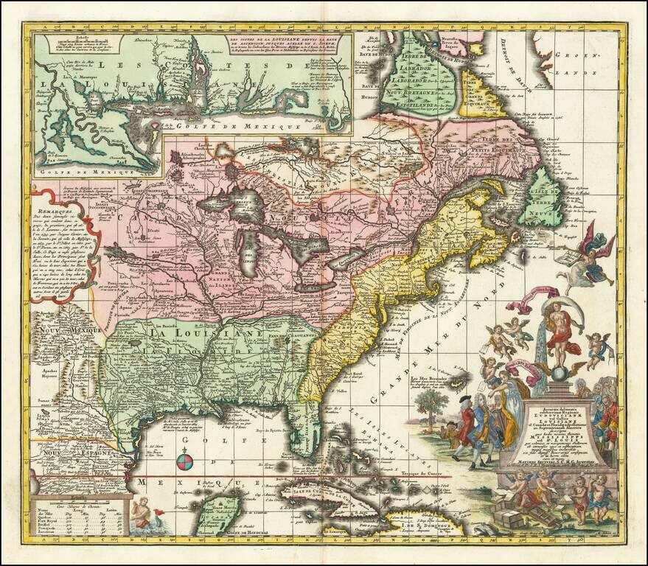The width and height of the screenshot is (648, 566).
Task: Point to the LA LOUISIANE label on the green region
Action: pyautogui.click(x=209, y=333)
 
